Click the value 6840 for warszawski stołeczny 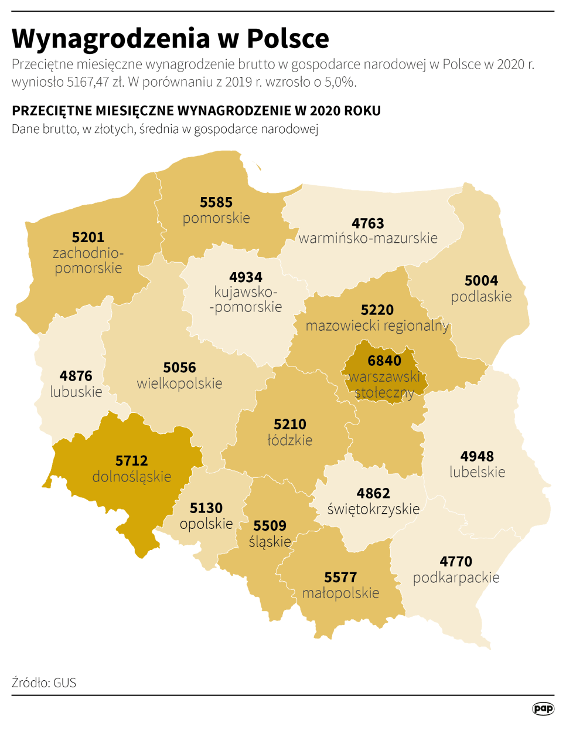pyautogui.click(x=384, y=361)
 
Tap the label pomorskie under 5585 pyautogui.click(x=216, y=218)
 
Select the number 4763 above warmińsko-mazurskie pyautogui.click(x=368, y=223)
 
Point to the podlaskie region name pyautogui.click(x=481, y=297)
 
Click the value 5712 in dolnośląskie pyautogui.click(x=132, y=461)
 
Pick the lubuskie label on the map pyautogui.click(x=76, y=392)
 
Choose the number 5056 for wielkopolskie pyautogui.click(x=179, y=368)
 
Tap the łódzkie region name pyautogui.click(x=290, y=440)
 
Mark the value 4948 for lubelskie pyautogui.click(x=477, y=456)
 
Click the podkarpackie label pyautogui.click(x=456, y=578)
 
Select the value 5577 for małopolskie pyautogui.click(x=340, y=578)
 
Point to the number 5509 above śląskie pyautogui.click(x=270, y=526)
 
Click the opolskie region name pyautogui.click(x=206, y=524)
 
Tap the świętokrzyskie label pyautogui.click(x=373, y=509)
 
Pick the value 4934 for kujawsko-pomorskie pyautogui.click(x=246, y=277)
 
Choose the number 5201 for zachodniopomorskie pyautogui.click(x=88, y=237)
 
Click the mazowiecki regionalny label pyautogui.click(x=377, y=326)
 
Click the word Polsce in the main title pyautogui.click(x=288, y=39)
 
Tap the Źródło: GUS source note pyautogui.click(x=44, y=683)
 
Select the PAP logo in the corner pyautogui.click(x=543, y=708)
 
